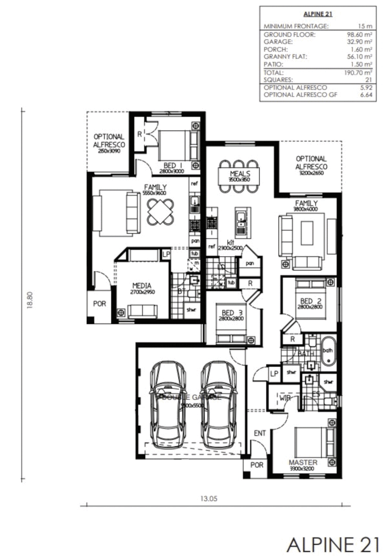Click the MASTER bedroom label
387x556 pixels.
click(x=303, y=462)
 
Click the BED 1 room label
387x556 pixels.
click(x=170, y=165)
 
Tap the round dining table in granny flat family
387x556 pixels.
click(x=160, y=211)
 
